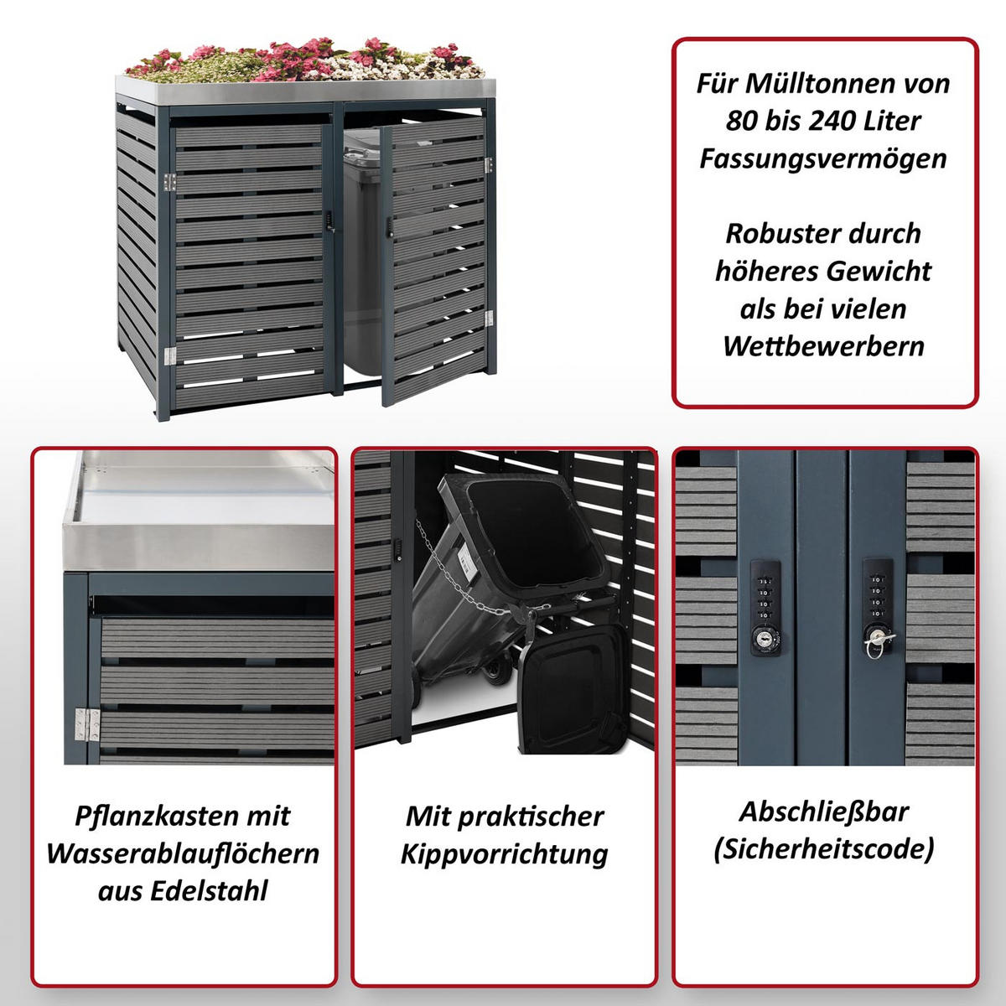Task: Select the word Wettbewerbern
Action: (823, 346)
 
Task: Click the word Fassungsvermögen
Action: (823, 159)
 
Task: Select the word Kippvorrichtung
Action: (504, 854)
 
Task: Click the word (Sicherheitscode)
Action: (823, 849)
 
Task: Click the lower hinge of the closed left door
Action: (170, 356)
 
